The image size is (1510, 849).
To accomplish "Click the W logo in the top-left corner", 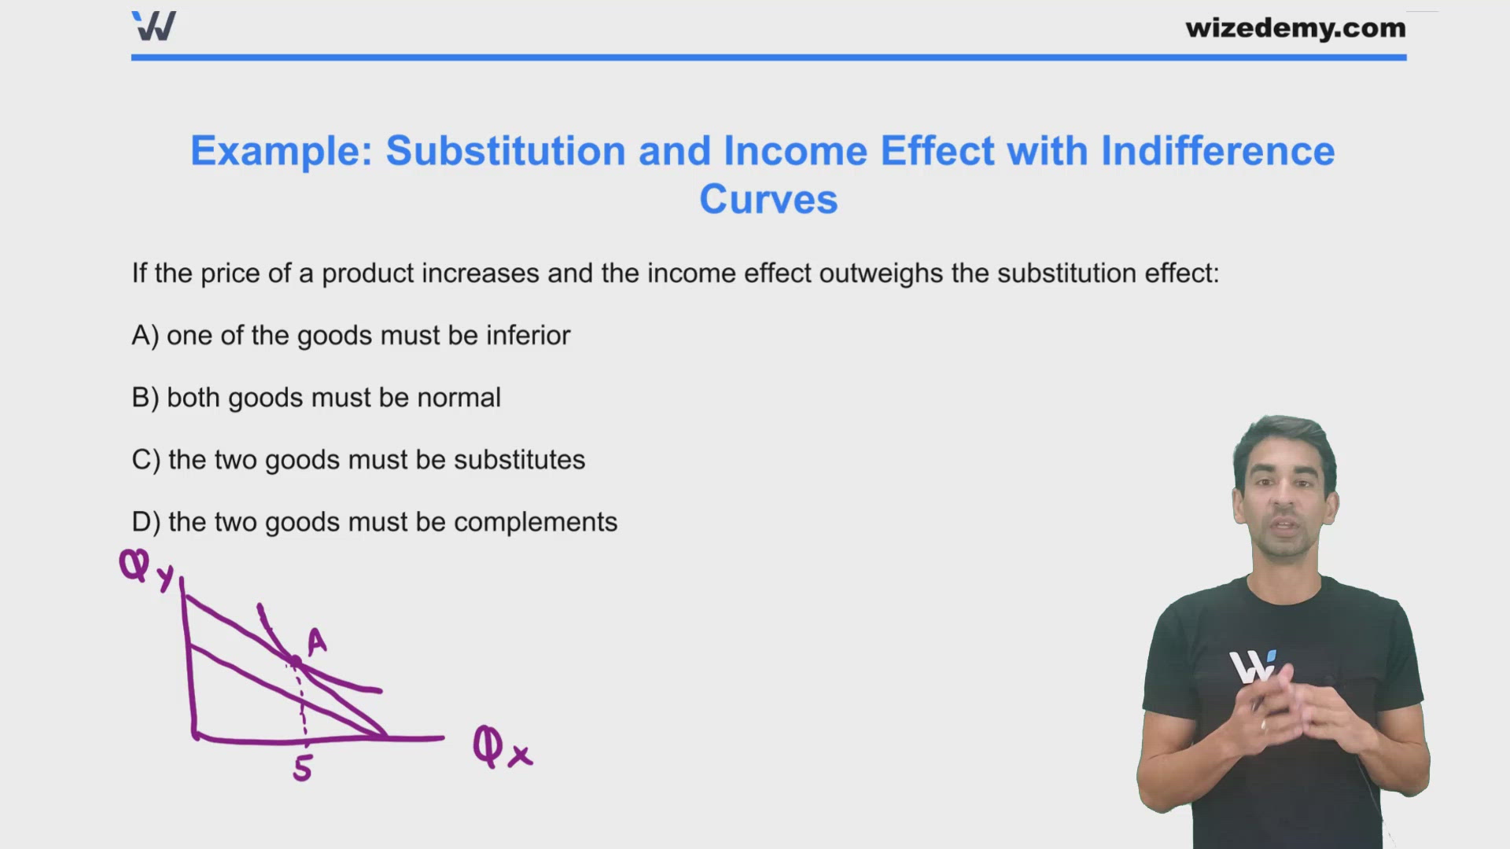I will click(154, 26).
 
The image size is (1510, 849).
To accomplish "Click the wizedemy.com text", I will click(1295, 28).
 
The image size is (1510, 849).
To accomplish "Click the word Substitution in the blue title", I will click(505, 151).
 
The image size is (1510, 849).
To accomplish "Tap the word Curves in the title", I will click(768, 200).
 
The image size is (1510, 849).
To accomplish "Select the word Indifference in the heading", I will click(1217, 151).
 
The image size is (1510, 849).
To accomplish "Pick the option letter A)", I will click(145, 336).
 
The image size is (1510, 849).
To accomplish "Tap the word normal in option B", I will click(459, 398).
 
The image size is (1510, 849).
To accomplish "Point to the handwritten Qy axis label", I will click(145, 569).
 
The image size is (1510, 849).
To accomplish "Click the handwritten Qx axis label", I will click(502, 748).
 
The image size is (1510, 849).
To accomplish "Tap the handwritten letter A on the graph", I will click(316, 641).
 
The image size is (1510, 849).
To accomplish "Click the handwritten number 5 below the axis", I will click(303, 768).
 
